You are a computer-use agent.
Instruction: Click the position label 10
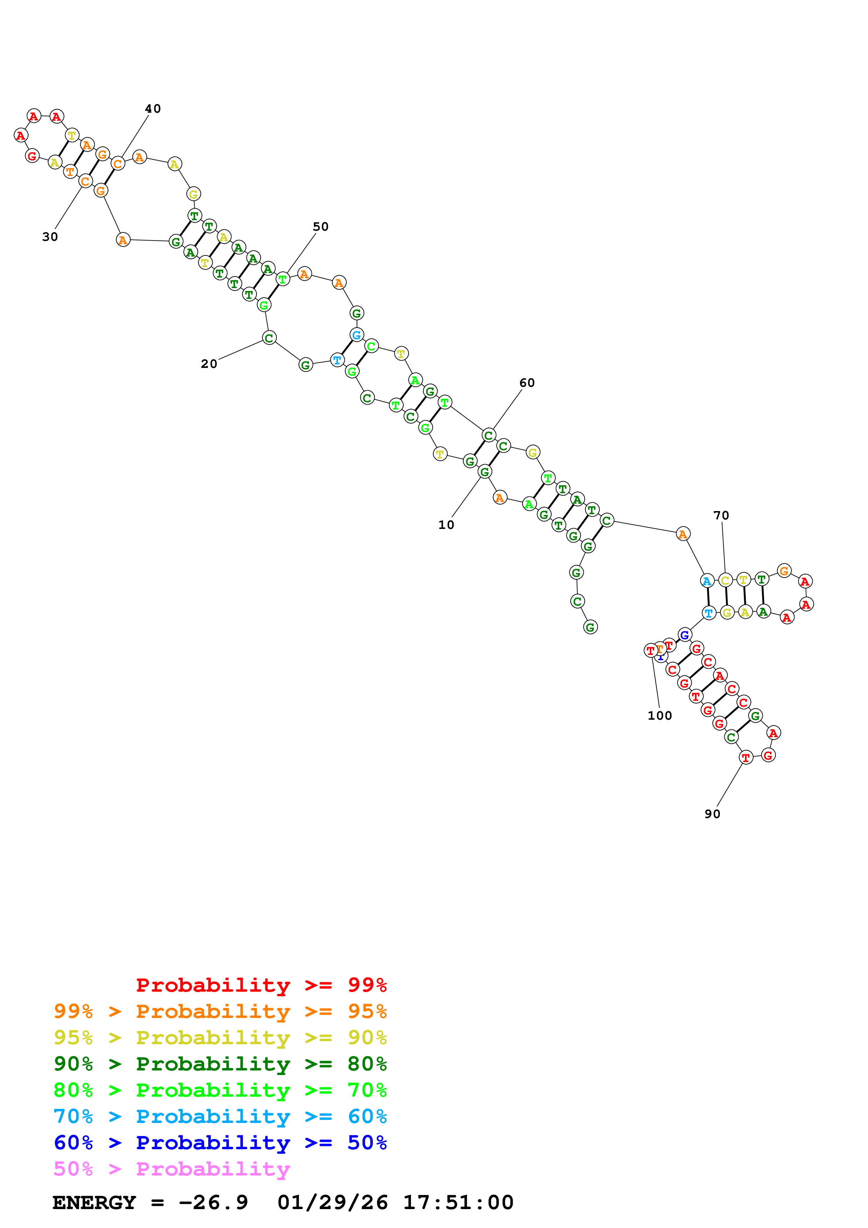pos(446,525)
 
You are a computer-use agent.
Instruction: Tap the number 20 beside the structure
pos(209,364)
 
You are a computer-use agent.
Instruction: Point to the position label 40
pos(153,109)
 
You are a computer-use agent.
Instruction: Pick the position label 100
pos(659,716)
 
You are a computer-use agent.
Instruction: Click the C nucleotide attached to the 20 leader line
pos(269,338)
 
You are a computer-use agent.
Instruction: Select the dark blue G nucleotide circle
pos(685,635)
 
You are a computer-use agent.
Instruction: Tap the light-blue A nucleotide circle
pos(707,581)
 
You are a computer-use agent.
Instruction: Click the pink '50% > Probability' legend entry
pos(172,1168)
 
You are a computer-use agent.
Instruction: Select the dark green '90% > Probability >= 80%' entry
pos(220,1064)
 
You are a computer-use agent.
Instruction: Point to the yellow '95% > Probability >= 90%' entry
pos(220,1038)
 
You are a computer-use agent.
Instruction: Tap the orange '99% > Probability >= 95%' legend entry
pos(220,1011)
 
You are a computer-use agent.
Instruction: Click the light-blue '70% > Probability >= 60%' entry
pos(220,1116)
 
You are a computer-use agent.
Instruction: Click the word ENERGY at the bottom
pos(94,1202)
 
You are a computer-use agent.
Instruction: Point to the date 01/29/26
pos(333,1202)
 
